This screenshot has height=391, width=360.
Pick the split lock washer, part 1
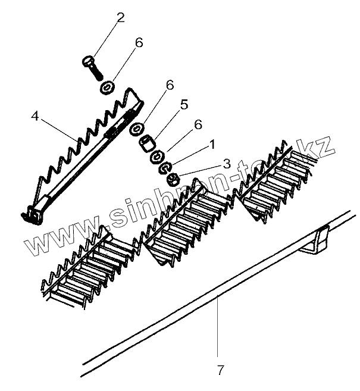[164, 168]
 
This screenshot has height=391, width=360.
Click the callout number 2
[121, 17]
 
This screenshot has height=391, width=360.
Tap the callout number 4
[35, 117]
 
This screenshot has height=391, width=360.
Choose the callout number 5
[184, 105]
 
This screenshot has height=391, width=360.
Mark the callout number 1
[212, 145]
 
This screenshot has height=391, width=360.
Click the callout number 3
[226, 163]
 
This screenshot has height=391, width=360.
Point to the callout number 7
[221, 370]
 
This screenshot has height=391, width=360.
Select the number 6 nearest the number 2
[139, 43]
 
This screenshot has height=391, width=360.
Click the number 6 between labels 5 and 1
[198, 124]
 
